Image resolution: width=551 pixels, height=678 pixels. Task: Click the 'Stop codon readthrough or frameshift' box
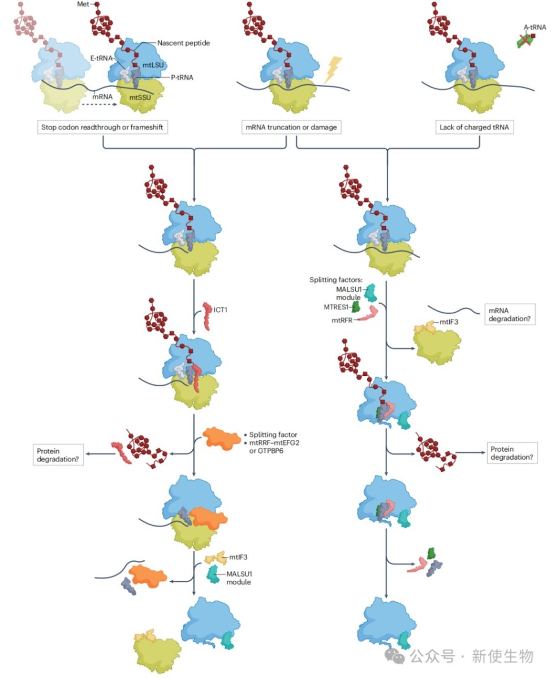pos(103,127)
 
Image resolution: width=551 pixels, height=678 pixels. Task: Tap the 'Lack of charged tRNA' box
pos(475,127)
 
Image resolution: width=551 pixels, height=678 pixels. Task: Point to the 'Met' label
pos(83,5)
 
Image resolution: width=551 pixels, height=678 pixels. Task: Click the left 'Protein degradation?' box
pos(58,455)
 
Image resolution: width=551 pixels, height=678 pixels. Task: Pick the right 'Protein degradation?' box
pos(511,452)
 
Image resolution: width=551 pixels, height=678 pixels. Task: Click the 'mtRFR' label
pos(343,320)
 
